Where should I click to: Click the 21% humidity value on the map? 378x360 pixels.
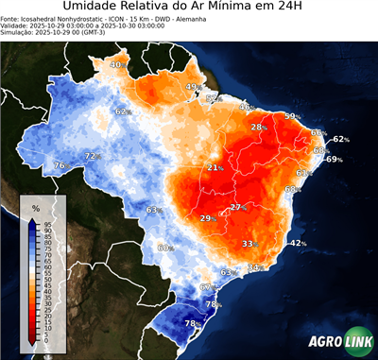[x=215, y=167]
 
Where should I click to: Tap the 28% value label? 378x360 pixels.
[x=257, y=127]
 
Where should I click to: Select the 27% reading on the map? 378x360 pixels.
[x=237, y=207]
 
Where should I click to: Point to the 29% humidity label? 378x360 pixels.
[x=206, y=218]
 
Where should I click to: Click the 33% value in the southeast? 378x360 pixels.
[x=249, y=243]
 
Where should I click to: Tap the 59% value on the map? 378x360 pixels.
[x=292, y=116]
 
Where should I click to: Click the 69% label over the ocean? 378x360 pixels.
[x=333, y=160]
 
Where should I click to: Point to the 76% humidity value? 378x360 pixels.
[x=60, y=165]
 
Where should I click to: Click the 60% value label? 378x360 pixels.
[x=163, y=248]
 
